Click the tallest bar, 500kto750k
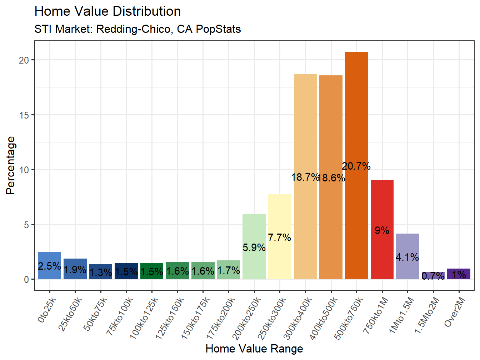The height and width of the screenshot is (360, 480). click(x=356, y=107)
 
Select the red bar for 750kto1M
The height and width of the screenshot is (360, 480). click(x=382, y=207)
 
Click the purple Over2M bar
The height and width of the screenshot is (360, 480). click(x=459, y=274)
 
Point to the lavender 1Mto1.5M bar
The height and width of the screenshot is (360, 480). click(x=407, y=243)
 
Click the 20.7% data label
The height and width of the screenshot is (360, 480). click(x=356, y=166)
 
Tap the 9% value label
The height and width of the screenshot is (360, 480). click(x=382, y=230)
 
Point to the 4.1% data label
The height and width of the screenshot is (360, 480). click(x=407, y=257)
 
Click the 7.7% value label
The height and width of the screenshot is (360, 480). click(x=280, y=237)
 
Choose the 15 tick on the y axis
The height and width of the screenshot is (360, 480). click(x=24, y=115)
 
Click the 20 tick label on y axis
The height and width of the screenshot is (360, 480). click(x=24, y=60)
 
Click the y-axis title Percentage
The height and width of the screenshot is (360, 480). click(x=11, y=165)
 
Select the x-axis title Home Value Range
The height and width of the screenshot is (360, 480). click(x=254, y=349)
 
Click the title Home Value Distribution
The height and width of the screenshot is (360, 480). click(x=107, y=11)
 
